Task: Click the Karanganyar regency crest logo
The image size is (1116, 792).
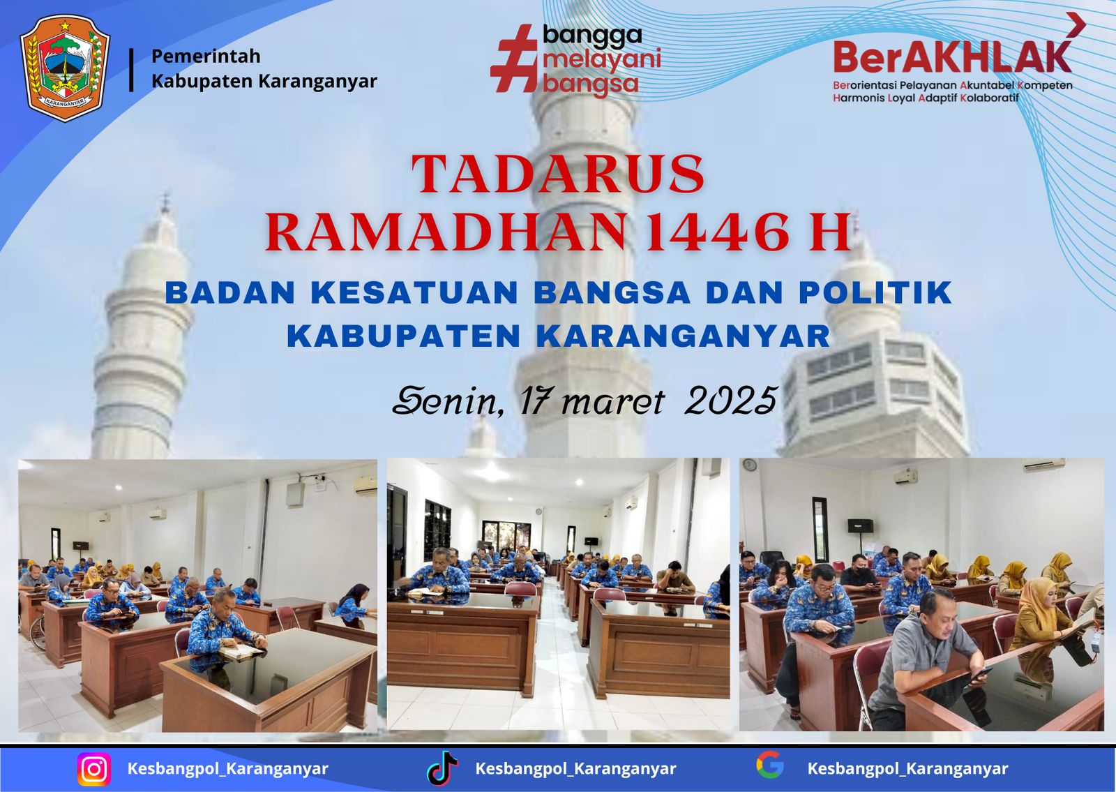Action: [x=65, y=69]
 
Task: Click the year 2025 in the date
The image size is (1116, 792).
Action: [x=731, y=401]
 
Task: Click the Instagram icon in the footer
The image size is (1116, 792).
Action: [x=93, y=769]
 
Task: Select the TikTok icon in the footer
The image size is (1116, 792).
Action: [x=442, y=768]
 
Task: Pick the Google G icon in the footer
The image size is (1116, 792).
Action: [x=770, y=765]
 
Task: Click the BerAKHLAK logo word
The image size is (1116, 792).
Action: [x=952, y=57]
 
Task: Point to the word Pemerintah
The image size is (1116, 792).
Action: [x=206, y=57]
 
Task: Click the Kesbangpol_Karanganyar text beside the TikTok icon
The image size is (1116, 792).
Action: [x=575, y=768]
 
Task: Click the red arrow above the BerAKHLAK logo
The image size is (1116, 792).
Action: [x=1076, y=24]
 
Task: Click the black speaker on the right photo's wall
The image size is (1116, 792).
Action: [x=861, y=525]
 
